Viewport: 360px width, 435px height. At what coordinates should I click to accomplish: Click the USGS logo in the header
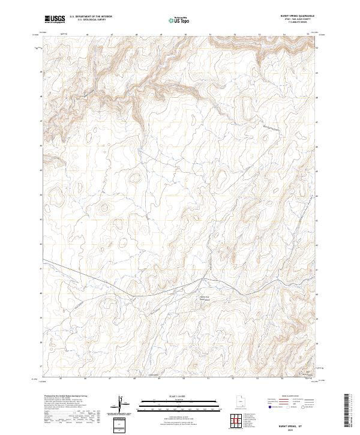(x=55, y=19)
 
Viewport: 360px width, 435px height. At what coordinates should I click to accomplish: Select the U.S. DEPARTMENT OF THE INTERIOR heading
(x=91, y=17)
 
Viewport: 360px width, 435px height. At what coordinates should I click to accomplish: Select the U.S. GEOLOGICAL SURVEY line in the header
(x=91, y=20)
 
